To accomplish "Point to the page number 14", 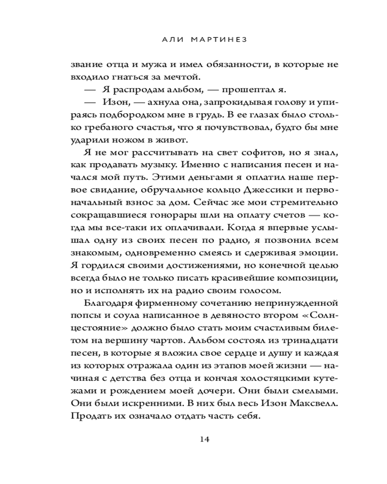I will [x=204, y=439].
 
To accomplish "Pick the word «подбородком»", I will [x=139, y=115].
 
